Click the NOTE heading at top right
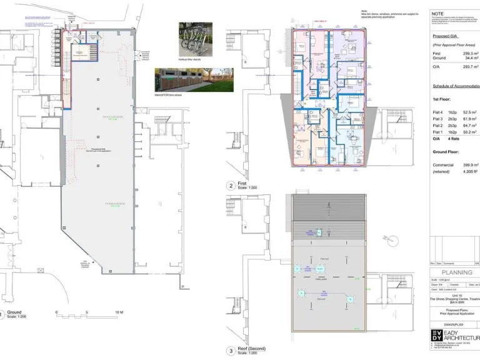[x=438, y=12]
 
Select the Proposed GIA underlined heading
[x=446, y=36]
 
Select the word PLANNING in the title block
[x=456, y=272]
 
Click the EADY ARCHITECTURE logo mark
[x=436, y=336]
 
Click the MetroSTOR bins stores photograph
[x=194, y=79]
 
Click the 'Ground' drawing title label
[x=14, y=312]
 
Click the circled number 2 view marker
[x=231, y=186]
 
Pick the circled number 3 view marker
[x=231, y=351]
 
